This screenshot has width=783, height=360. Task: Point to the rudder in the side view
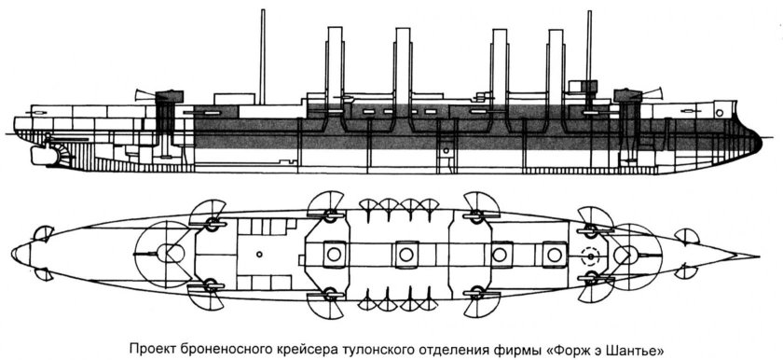click(x=37, y=159)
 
